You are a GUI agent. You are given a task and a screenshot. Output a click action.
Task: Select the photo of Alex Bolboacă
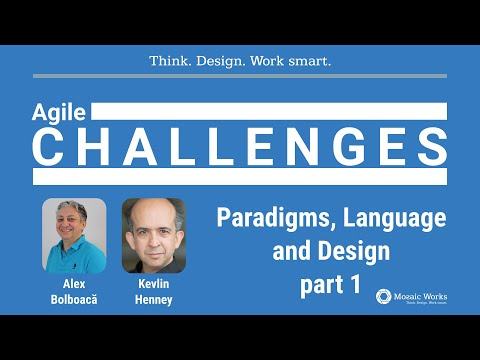[74, 236]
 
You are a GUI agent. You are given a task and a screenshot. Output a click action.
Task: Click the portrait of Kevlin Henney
[154, 236]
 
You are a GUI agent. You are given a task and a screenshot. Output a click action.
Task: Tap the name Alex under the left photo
[74, 285]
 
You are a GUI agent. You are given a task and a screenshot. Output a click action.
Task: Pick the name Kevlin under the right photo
[154, 285]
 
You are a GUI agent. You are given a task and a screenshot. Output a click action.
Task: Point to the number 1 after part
[354, 283]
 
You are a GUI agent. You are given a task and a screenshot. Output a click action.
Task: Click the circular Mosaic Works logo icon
[383, 297]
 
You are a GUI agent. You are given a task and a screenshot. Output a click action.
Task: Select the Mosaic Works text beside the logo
[420, 295]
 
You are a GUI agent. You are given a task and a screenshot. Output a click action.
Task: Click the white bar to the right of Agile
[270, 111]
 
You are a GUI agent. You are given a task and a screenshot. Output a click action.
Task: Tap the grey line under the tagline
[240, 76]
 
